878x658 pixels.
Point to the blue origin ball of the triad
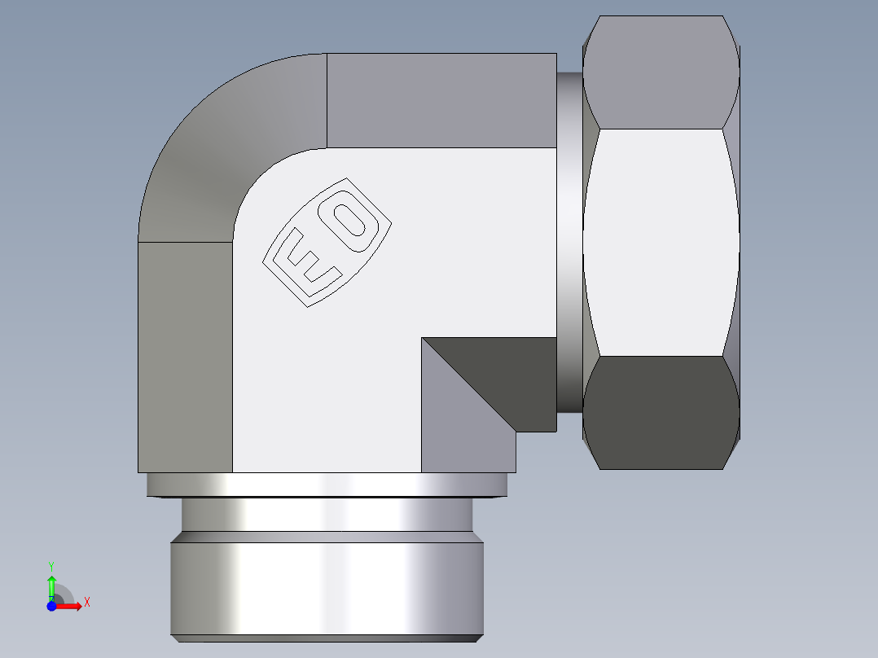[x=51, y=606]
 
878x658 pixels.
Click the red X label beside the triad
[x=86, y=603]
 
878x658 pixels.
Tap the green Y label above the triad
[x=51, y=565]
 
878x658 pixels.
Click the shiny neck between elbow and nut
[x=570, y=242]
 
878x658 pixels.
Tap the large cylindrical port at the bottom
[x=326, y=590]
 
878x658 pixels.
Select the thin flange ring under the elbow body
[x=326, y=485]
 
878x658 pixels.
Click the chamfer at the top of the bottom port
[x=326, y=537]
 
